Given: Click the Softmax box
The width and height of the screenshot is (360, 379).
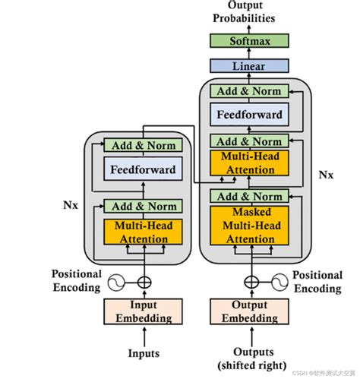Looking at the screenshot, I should [x=250, y=40].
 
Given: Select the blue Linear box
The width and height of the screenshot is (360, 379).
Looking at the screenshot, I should [x=250, y=65].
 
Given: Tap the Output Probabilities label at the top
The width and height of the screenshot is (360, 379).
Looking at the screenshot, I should [x=249, y=12].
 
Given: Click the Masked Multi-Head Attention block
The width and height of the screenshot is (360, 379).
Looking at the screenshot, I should [x=250, y=226].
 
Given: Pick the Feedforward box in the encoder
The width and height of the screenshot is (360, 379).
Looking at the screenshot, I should [x=143, y=170].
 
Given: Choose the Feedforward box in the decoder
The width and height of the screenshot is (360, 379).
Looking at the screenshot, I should [x=250, y=115].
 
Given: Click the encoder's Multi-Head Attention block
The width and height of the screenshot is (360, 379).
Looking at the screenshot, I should [x=143, y=232].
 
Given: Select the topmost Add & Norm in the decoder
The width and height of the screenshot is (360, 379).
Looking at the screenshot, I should [x=250, y=91].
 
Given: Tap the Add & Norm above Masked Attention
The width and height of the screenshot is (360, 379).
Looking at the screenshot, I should [x=250, y=197].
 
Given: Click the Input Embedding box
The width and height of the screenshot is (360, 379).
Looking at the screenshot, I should [x=143, y=312].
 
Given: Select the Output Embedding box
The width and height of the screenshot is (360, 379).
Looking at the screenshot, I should [x=250, y=312].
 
